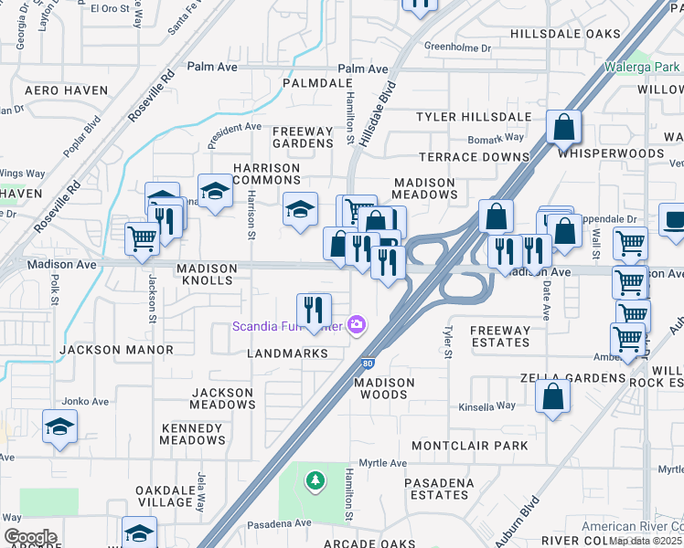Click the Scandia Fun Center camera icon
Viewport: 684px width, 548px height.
[357, 325]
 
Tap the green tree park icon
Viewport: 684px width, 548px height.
[315, 479]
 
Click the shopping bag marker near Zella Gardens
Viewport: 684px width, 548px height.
[552, 396]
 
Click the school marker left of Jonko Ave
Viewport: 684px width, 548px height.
[59, 426]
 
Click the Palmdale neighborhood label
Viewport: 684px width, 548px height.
[305, 83]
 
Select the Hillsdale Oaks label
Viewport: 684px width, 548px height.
[565, 34]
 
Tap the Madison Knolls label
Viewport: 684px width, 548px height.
[207, 269]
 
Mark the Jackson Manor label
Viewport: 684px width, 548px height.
[116, 350]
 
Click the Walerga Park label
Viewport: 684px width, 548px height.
[642, 67]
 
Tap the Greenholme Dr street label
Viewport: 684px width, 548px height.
[458, 47]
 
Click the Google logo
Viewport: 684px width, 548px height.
[30, 537]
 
